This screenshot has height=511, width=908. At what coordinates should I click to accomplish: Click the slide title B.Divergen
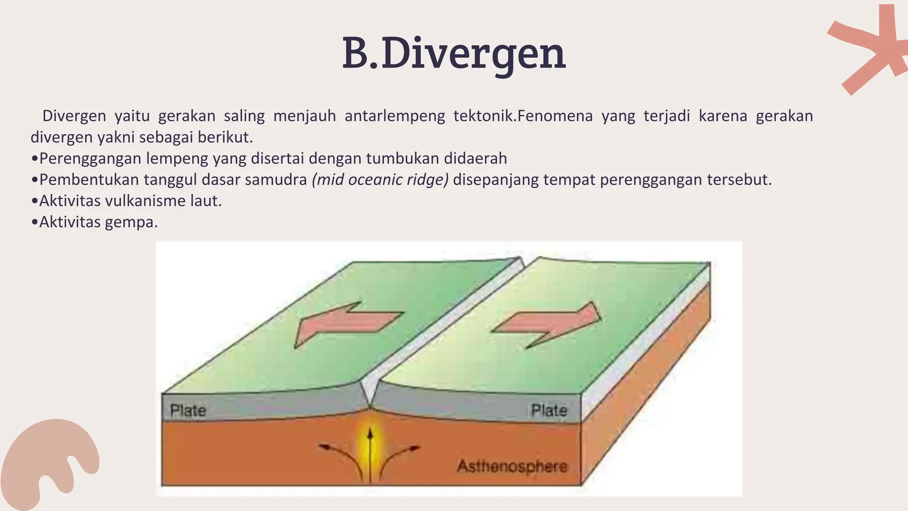click(454, 54)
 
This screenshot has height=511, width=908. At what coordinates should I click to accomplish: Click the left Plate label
click(188, 410)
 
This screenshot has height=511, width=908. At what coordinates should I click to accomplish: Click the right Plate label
click(549, 410)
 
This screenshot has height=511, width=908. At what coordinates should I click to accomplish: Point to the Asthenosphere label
click(512, 466)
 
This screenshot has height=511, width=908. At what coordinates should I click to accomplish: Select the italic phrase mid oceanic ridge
click(380, 180)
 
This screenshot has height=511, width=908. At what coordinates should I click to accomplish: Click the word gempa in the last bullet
click(131, 222)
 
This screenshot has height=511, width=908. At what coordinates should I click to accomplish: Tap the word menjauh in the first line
click(304, 116)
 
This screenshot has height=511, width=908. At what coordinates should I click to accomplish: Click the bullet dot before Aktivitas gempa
click(35, 222)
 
